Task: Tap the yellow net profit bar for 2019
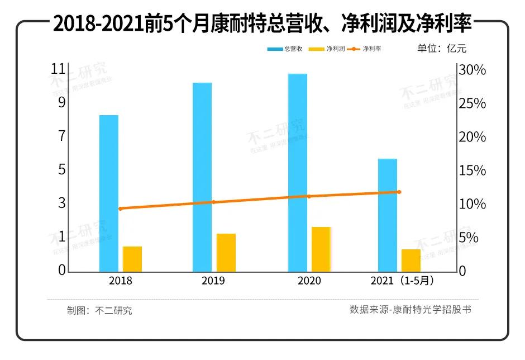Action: click(226, 252)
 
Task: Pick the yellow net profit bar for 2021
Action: click(411, 260)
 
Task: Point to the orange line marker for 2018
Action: click(120, 209)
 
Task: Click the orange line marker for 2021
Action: click(399, 192)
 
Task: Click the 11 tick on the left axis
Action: click(58, 69)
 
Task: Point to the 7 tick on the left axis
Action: click(62, 136)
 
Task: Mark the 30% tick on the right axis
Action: click(472, 70)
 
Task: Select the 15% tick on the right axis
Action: click(472, 170)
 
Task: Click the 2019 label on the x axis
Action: click(213, 281)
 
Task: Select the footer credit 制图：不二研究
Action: click(99, 311)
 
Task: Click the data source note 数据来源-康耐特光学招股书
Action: click(411, 309)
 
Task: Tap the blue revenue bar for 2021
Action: click(388, 215)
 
